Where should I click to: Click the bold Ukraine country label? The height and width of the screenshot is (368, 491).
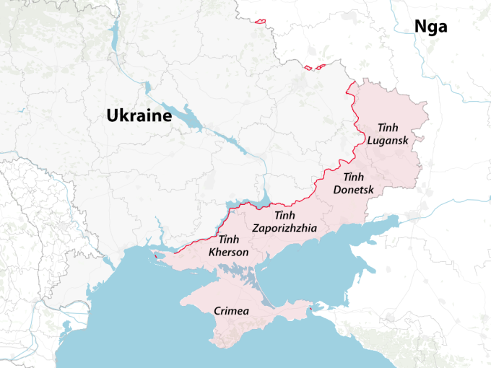[138, 115]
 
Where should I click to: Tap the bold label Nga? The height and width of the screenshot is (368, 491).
[430, 27]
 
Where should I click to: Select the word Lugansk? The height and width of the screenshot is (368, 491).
[388, 140]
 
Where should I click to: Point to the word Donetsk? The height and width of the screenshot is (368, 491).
[354, 190]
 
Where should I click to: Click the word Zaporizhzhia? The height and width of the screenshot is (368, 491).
[284, 228]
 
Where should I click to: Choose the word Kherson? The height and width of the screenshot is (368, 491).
[228, 252]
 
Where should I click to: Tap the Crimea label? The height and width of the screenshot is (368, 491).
[232, 311]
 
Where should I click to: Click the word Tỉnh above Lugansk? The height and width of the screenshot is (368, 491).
[383, 127]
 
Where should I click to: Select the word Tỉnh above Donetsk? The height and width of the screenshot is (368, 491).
[353, 177]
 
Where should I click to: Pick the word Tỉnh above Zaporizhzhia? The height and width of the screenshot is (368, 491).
[284, 216]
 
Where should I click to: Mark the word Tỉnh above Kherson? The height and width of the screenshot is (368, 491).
[228, 240]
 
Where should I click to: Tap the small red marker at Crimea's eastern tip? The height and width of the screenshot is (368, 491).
[310, 311]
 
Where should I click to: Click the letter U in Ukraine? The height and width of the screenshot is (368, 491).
[113, 115]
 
